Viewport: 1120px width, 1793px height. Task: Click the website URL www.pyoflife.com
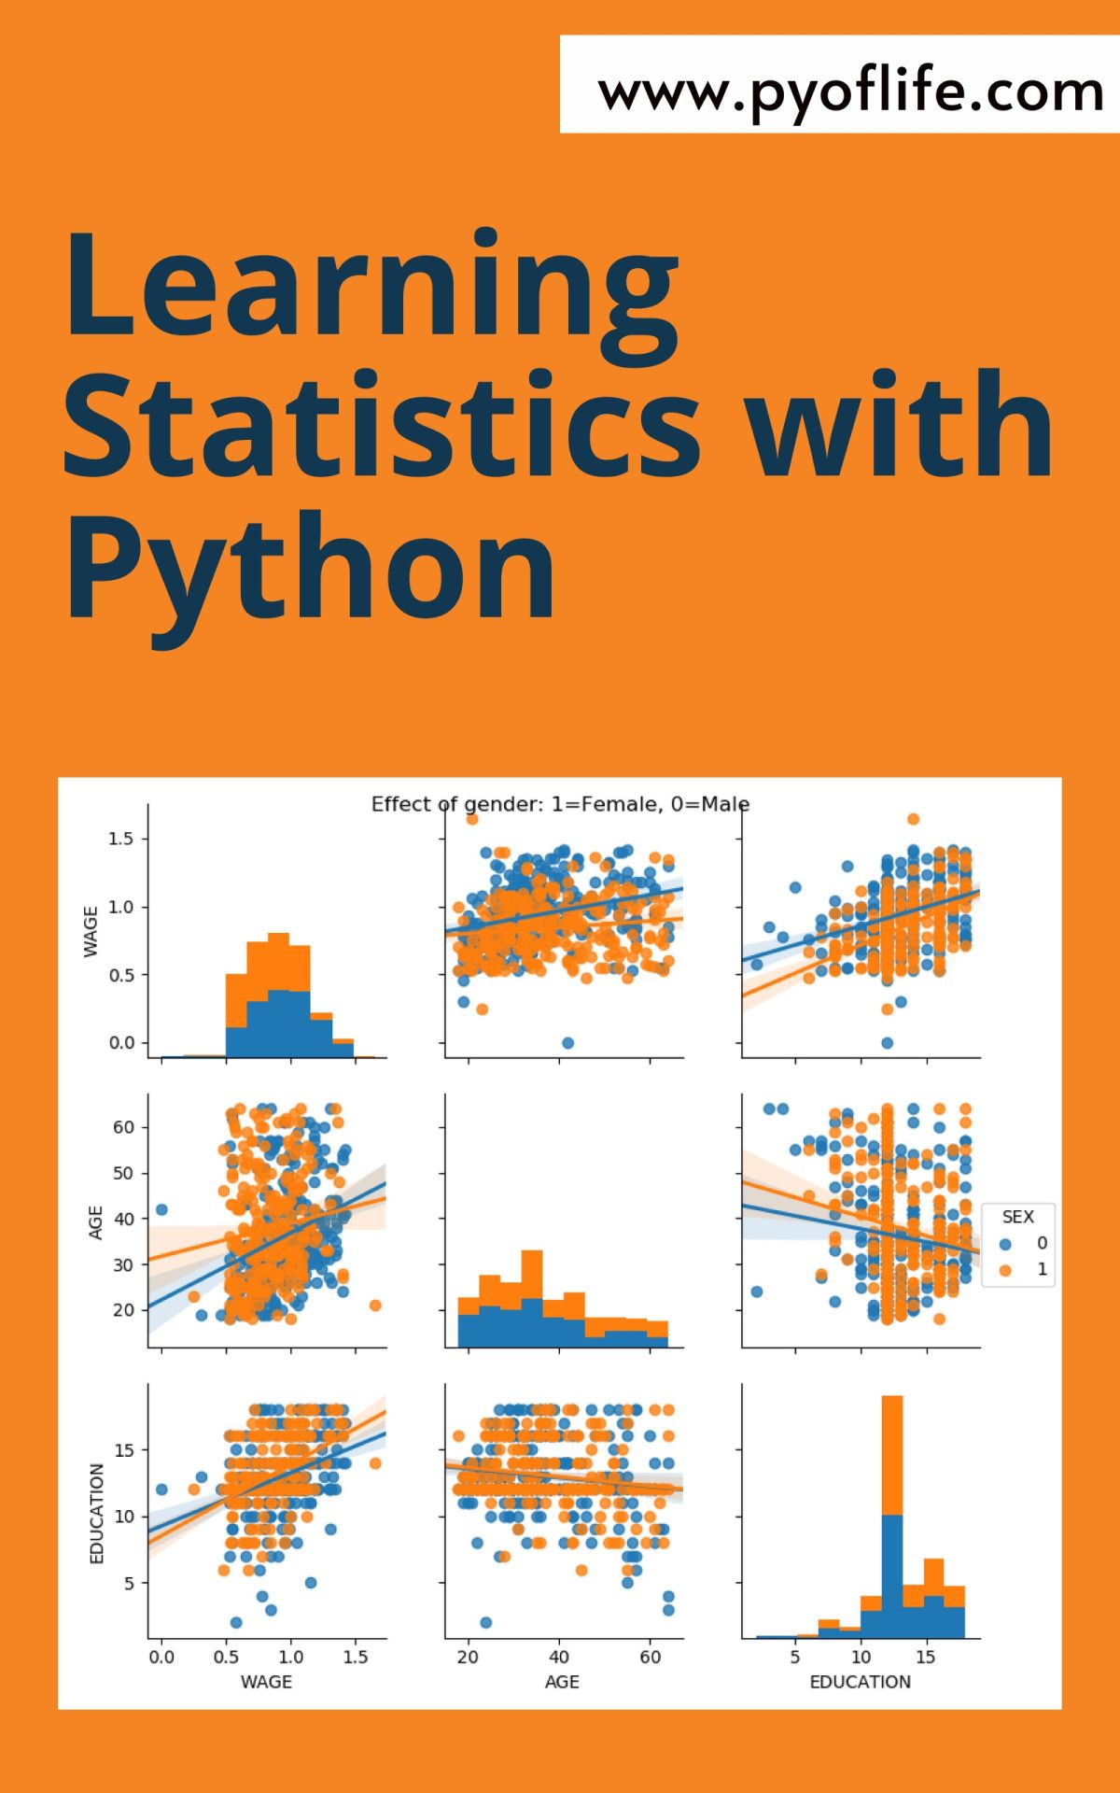[x=850, y=92]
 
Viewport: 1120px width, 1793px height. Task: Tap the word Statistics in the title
[x=382, y=425]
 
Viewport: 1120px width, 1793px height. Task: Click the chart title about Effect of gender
[x=560, y=804]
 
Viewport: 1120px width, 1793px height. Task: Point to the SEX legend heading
[x=1017, y=1217]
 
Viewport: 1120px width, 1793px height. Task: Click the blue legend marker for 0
[x=1005, y=1244]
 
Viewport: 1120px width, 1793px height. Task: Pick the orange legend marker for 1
[x=1005, y=1270]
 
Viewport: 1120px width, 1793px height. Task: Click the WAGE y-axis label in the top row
[x=91, y=931]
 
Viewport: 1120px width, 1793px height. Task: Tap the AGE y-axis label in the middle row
[x=95, y=1222]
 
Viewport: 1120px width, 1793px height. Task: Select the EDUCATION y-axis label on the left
[x=96, y=1514]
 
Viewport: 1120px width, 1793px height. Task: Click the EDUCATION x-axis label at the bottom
[x=860, y=1682]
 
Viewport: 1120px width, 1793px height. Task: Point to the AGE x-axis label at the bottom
[x=562, y=1682]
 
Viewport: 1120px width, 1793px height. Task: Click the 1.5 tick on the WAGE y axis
[x=121, y=839]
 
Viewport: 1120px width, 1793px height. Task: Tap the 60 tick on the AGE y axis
[x=123, y=1127]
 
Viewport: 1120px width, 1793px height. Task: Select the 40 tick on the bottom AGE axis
[x=559, y=1658]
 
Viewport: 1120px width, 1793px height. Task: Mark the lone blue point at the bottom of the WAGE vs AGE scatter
[x=567, y=1043]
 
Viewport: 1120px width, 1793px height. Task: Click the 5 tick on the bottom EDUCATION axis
[x=795, y=1658]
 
